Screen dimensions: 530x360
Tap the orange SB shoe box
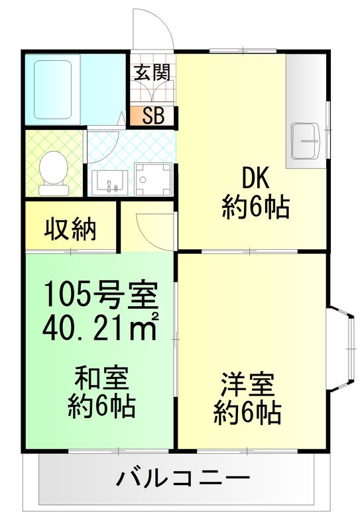tap(153, 117)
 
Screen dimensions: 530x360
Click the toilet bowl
tap(52, 170)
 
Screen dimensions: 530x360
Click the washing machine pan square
tap(152, 179)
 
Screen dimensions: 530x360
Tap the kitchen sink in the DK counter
tap(306, 141)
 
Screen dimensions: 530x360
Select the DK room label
tap(255, 178)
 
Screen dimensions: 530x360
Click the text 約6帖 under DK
tap(255, 209)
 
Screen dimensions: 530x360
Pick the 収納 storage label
tap(71, 229)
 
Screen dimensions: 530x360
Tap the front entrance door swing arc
tap(152, 30)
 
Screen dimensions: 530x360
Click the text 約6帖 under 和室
tap(101, 406)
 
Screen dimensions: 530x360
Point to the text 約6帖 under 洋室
tap(247, 413)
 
